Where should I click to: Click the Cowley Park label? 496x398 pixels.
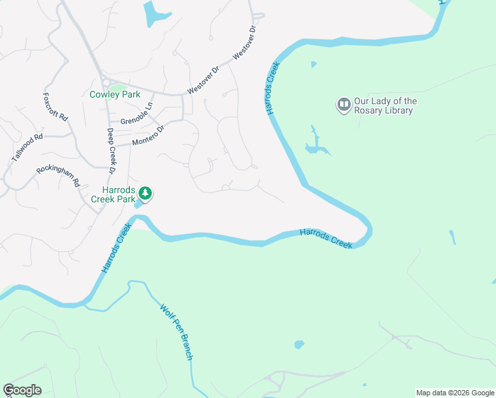[x=115, y=94]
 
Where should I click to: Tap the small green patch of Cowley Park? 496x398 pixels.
[x=117, y=86]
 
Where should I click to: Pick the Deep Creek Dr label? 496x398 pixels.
[x=111, y=152]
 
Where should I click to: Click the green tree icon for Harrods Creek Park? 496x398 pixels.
[x=145, y=194]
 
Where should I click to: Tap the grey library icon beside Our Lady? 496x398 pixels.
[x=343, y=105]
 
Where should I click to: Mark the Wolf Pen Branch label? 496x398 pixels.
[x=177, y=332]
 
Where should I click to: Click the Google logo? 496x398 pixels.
[x=22, y=390]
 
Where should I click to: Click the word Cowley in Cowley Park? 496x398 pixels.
[x=104, y=94]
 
